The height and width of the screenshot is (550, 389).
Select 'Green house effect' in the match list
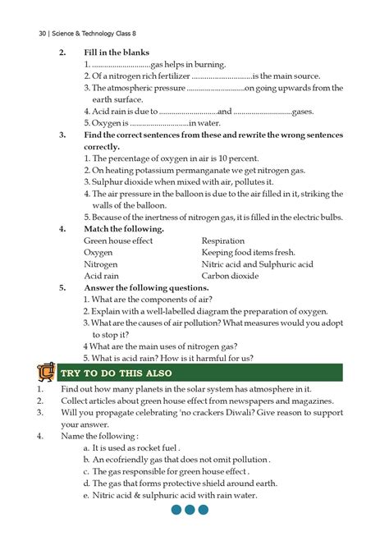(x=118, y=241)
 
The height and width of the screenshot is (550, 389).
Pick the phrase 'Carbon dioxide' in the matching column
(x=232, y=277)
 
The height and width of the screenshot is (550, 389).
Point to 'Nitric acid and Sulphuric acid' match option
(x=257, y=264)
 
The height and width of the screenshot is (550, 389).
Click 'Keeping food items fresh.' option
(x=248, y=253)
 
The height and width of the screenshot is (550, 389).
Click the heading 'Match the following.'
(x=124, y=229)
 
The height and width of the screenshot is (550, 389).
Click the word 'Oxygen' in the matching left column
(x=98, y=253)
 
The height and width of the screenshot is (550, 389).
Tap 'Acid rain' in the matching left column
(x=102, y=277)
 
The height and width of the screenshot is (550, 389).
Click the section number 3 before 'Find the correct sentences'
(x=62, y=135)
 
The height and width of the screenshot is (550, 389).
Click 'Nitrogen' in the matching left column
(x=101, y=264)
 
